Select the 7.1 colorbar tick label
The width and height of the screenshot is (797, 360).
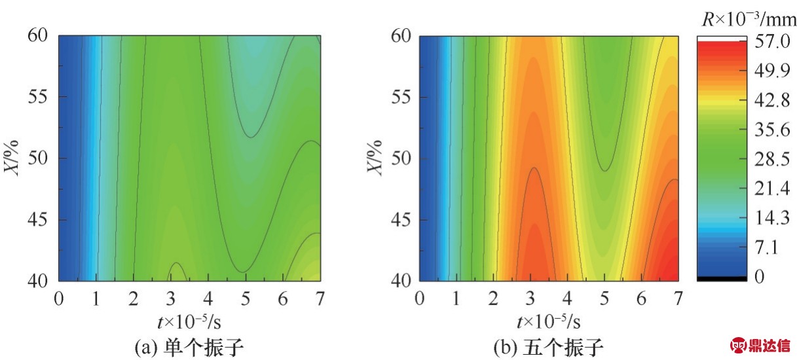coord(766,248)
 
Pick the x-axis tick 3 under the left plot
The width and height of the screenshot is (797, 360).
coord(171,298)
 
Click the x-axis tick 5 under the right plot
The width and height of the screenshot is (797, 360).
coord(604,298)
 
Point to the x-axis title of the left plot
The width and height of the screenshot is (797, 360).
coord(190,321)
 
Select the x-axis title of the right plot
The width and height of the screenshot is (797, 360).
coord(550,321)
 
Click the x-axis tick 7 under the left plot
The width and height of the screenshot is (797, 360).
coord(320,298)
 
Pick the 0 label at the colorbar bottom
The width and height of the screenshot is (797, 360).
coord(760,277)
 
